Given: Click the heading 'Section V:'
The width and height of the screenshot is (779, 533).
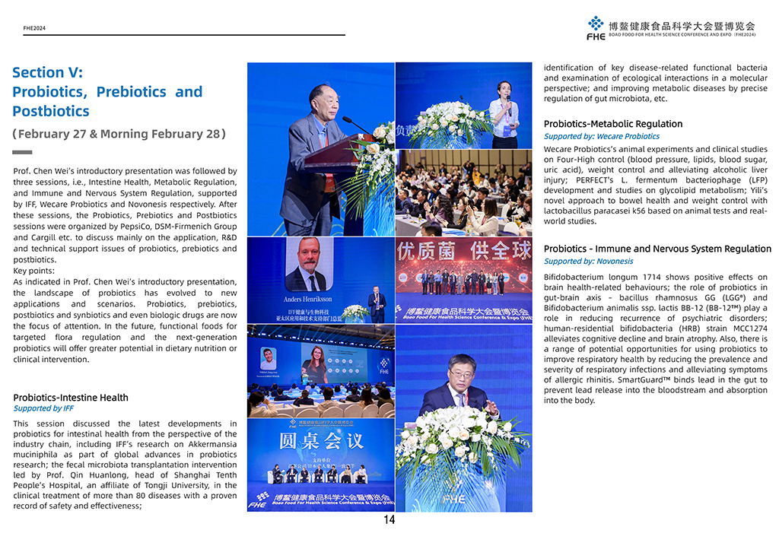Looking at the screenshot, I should [x=47, y=73].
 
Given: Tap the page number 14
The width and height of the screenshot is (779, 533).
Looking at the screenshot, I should [x=389, y=521].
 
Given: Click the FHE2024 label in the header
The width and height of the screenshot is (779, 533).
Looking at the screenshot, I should [x=34, y=28].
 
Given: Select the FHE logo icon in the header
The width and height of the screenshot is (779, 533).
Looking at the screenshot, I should [x=596, y=27].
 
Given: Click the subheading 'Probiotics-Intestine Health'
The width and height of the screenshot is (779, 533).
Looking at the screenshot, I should [x=71, y=398].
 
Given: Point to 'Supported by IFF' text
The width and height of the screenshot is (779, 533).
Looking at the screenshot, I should [x=43, y=408].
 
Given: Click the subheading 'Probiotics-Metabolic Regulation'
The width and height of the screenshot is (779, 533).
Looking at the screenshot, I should [x=613, y=124].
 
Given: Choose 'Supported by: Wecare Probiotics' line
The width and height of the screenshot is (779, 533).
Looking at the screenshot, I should [x=601, y=137].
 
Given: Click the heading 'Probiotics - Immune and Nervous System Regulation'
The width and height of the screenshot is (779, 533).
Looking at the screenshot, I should [x=657, y=249].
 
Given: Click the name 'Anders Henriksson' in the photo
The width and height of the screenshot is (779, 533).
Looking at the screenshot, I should [x=309, y=300].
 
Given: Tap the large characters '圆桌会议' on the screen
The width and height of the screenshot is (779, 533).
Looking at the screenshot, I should [x=321, y=442].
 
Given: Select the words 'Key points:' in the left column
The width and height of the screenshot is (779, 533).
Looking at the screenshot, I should [x=33, y=271].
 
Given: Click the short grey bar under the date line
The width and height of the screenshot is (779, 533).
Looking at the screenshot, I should [x=23, y=153].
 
